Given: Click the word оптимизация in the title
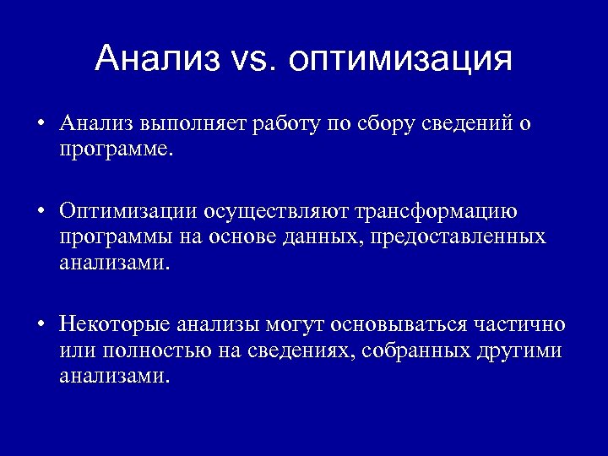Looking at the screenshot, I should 400,60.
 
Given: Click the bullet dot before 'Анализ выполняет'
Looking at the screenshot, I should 40,125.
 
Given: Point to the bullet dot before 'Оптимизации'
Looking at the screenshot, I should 40,211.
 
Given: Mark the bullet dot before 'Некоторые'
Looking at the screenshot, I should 40,326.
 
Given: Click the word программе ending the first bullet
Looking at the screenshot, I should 115,149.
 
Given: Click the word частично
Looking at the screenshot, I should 519,325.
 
